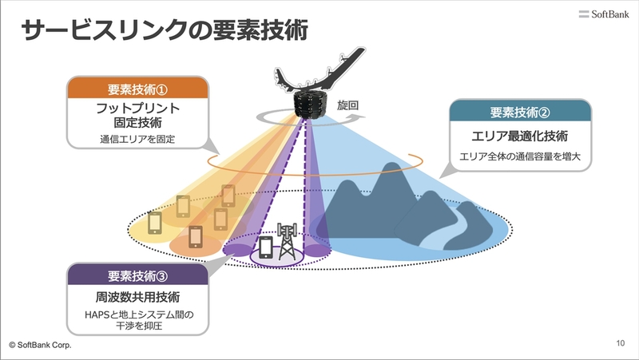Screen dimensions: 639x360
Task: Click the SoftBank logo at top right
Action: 604,14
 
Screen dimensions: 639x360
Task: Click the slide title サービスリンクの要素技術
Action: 165,30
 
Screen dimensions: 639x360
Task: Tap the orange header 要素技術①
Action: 137,89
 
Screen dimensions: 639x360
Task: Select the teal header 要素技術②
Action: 520,112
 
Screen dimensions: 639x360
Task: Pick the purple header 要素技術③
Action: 137,275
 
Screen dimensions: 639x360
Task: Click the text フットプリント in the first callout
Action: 137,108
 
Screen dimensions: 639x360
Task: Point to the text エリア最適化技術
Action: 520,136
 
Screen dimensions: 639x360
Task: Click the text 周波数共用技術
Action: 137,297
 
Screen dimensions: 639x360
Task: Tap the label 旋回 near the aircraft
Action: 347,105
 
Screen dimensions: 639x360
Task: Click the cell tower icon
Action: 287,241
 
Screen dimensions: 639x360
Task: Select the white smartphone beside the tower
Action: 266,247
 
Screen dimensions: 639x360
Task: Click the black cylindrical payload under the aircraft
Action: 310,105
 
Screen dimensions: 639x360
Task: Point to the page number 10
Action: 621,343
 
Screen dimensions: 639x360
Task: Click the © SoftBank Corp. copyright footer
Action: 40,345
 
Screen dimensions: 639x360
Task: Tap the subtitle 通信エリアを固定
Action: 137,139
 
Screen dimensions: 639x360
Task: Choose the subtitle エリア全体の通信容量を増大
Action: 520,156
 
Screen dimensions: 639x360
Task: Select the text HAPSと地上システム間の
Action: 139,315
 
